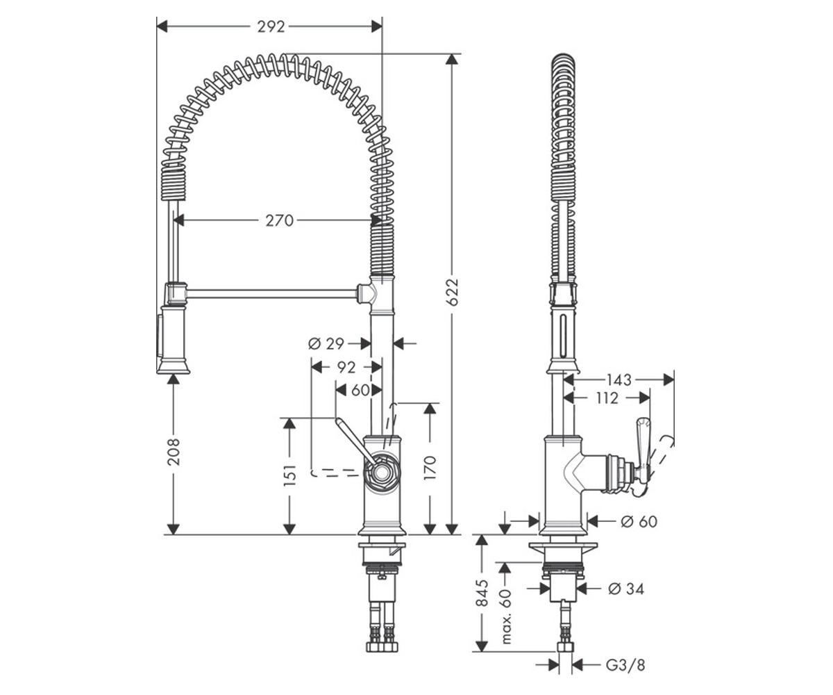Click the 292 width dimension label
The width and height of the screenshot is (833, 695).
271,27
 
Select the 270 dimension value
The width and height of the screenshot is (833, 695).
279,220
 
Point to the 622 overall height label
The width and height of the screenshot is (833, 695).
453,292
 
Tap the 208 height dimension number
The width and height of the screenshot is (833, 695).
174,452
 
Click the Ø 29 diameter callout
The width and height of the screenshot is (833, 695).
326,343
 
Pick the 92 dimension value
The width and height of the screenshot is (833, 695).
346,368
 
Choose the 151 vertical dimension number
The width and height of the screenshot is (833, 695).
290,475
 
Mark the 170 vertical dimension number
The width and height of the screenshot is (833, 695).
430,468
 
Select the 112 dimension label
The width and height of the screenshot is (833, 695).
607,398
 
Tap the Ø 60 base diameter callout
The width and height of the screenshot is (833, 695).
639,521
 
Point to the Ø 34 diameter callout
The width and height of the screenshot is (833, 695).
626,589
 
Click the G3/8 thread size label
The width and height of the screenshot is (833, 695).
625,665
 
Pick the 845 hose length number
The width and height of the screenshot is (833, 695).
482,593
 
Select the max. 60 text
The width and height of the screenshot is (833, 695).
506,616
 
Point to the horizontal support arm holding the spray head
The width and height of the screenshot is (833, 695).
271,295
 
